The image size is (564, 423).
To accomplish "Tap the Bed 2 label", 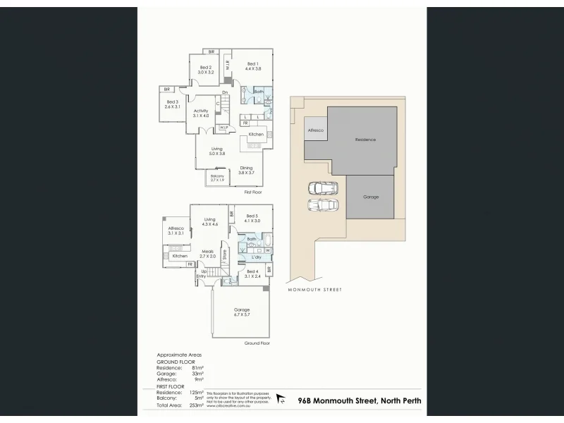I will point(205,69).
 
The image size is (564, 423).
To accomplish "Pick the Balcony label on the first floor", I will point(217,178).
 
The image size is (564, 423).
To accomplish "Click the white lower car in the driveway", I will point(322,204).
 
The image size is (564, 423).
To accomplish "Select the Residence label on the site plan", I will point(365,140).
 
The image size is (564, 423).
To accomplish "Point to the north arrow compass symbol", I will point(281,400).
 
